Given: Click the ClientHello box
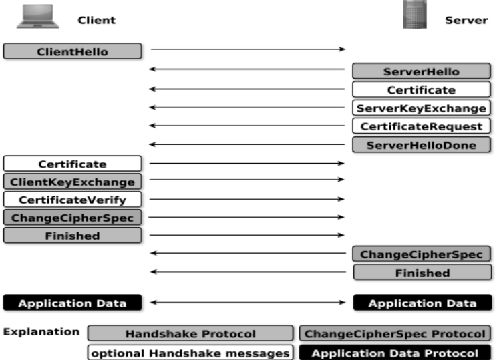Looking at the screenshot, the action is [x=72, y=51].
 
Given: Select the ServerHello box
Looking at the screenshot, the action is [x=422, y=71].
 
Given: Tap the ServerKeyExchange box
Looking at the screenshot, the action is [x=422, y=108].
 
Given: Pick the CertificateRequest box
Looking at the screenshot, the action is [x=422, y=126].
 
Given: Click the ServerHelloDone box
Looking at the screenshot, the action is [x=422, y=145].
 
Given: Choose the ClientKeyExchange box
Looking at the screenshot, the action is [x=72, y=182].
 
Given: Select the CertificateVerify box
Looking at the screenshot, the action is [x=72, y=200].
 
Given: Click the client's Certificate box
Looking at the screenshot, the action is [x=72, y=164].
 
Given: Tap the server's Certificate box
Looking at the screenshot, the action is [x=422, y=89].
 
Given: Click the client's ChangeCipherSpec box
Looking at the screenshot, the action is [x=72, y=218].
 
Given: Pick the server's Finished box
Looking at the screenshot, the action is [x=422, y=273].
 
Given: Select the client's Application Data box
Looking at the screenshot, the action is [x=72, y=303].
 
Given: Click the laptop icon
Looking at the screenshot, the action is [x=38, y=17].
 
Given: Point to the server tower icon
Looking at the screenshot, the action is [x=415, y=15].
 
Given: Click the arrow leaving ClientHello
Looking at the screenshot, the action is [x=248, y=49].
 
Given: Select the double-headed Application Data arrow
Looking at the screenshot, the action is [x=248, y=303].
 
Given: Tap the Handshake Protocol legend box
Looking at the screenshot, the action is [x=190, y=333].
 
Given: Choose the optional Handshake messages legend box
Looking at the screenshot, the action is [x=190, y=353].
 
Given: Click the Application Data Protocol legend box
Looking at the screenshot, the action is [x=395, y=353].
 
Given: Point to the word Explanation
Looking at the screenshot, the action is [x=41, y=331].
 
